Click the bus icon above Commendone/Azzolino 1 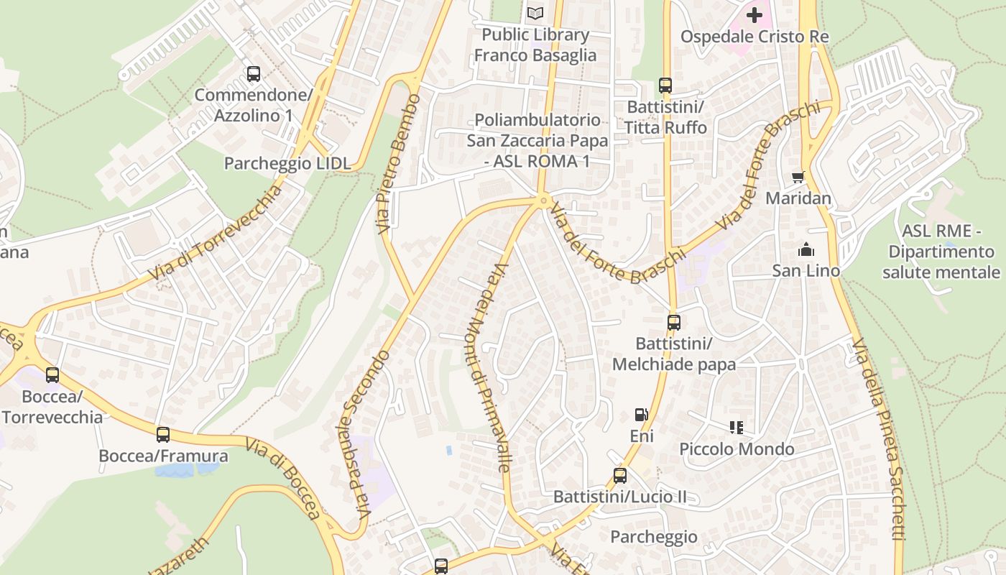point(253,73)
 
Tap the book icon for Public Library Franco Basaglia point(535,13)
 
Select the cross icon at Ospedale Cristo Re point(754,14)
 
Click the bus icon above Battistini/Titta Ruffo point(665,85)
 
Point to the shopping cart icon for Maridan point(798,177)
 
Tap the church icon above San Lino point(806,250)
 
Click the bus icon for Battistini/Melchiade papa point(673,323)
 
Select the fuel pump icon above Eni point(641,415)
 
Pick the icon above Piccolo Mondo point(736,428)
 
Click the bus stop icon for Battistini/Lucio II point(619,475)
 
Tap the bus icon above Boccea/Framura point(163,434)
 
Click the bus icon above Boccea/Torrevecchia point(52,374)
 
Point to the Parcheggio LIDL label point(287,163)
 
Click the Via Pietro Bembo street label point(398,163)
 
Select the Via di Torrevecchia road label point(216,234)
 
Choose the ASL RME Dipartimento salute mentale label point(941,252)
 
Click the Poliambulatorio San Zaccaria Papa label point(537,140)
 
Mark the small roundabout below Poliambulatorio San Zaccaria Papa point(544,200)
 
